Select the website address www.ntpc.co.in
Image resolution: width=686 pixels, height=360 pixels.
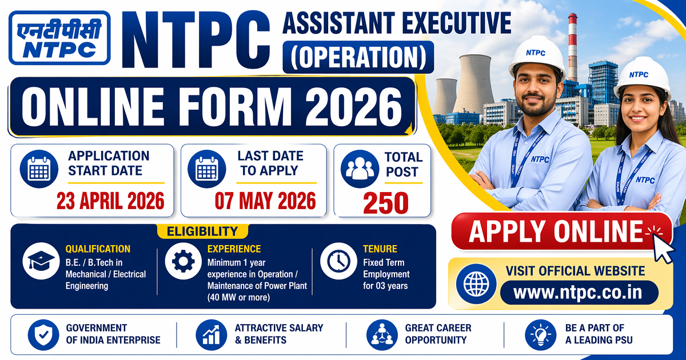click(x=578, y=293)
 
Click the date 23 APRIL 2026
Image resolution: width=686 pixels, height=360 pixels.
click(x=110, y=201)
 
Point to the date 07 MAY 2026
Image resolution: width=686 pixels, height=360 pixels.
click(x=265, y=201)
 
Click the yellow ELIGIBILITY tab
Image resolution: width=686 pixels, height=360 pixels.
click(x=202, y=231)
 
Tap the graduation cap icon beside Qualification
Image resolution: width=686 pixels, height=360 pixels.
click(x=41, y=262)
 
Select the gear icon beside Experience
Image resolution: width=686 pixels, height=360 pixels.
click(x=183, y=262)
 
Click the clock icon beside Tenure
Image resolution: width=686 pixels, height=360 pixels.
click(x=338, y=262)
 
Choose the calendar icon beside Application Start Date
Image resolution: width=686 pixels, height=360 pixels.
click(x=39, y=169)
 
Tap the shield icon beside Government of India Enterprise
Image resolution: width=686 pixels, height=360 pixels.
click(x=44, y=334)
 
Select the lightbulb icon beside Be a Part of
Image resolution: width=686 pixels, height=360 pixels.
click(x=540, y=334)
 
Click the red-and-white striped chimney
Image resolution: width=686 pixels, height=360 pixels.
click(x=572, y=46)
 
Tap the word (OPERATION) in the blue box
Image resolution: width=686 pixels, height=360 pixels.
click(x=358, y=56)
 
